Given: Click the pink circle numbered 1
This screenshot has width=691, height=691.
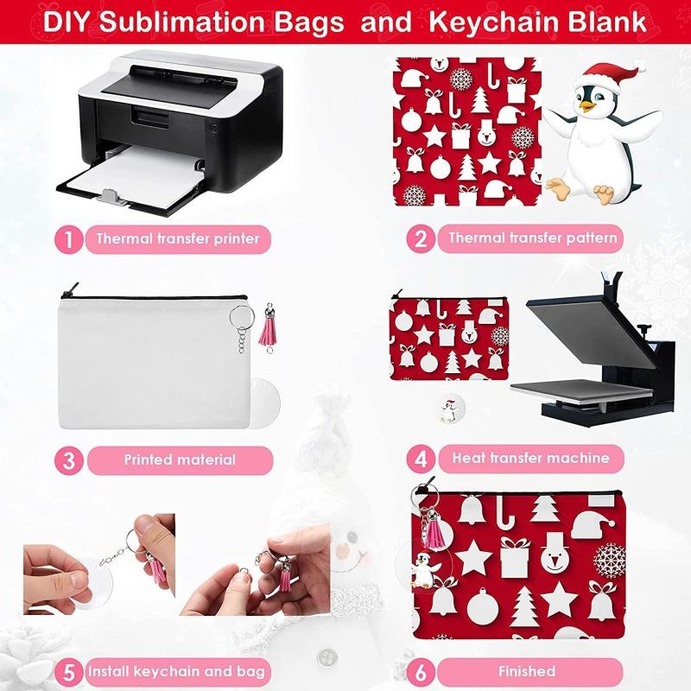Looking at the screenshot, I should pos(69,238).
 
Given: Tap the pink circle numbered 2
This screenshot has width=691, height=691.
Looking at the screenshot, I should pos(421,238).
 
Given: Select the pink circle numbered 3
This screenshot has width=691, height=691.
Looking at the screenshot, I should pos(69,460).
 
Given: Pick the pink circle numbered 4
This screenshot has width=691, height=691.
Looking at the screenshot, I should pos(421,458).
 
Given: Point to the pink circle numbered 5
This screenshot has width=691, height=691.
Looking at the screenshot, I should pos(69,671).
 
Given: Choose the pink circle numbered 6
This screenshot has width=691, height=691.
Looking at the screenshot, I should pos(421,671).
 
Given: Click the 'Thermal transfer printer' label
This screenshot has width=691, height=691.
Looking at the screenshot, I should pos(178,238).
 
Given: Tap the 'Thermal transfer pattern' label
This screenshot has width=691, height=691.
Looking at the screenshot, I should pos(532,238).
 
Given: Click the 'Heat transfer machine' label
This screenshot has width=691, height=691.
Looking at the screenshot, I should pos(530,458).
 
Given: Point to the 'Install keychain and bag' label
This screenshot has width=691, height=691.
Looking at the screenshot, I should pos(176,671).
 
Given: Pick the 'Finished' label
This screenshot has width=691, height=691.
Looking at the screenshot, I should pos(526,671).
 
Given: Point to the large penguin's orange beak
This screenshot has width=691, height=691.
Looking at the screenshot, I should pos(589,108).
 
